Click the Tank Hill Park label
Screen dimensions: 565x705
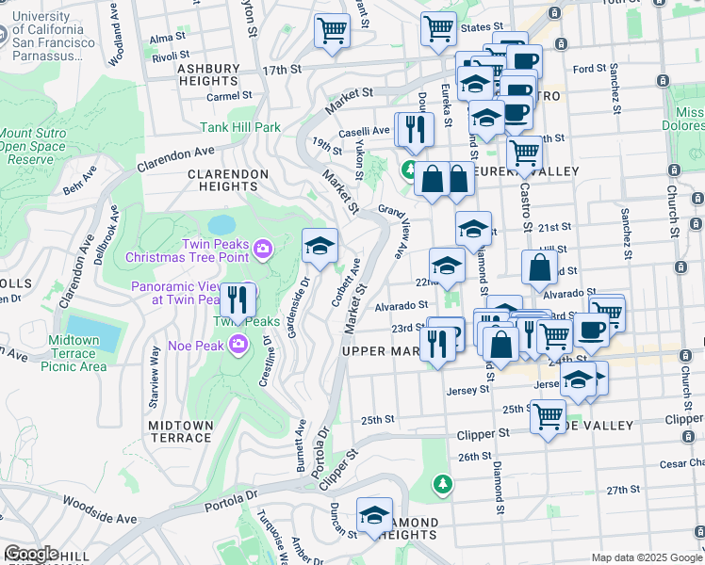click(x=240, y=127)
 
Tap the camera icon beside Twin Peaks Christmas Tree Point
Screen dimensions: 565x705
click(x=263, y=249)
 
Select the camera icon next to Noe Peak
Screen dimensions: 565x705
click(x=238, y=345)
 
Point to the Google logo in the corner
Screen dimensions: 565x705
click(x=30, y=554)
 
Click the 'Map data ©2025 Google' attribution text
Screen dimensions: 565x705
click(x=645, y=557)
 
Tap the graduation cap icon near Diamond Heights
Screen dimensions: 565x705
click(x=374, y=516)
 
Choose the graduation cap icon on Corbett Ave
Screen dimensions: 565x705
click(x=320, y=246)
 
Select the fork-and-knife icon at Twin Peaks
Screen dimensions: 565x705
click(x=238, y=300)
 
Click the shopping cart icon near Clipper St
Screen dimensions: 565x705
click(x=547, y=416)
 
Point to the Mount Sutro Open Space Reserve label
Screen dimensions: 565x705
click(x=33, y=147)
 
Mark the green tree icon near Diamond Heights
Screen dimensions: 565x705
click(x=442, y=484)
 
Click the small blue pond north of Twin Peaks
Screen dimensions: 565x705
click(x=222, y=225)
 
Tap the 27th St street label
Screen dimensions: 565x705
click(x=623, y=491)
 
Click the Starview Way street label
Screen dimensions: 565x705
click(x=153, y=377)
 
